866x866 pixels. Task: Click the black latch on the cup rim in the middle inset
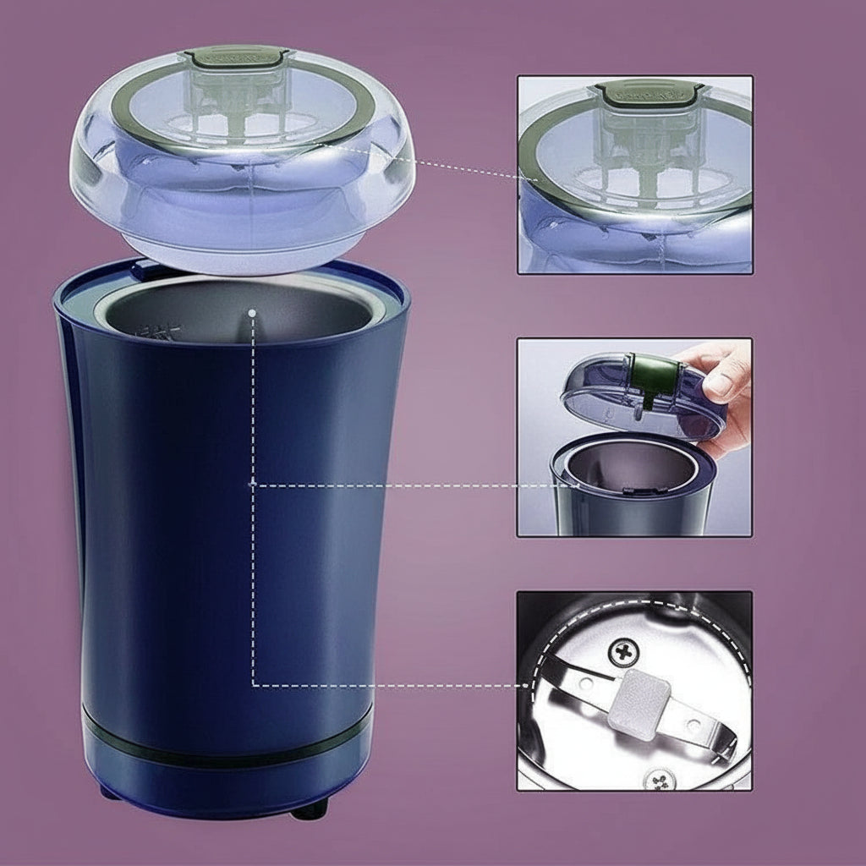(x=631, y=490)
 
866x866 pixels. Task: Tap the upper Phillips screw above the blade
(x=624, y=650)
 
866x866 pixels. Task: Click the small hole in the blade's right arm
(x=693, y=725)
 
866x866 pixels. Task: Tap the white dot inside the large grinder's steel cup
(x=252, y=312)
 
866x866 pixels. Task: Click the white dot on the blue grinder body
(x=252, y=483)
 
